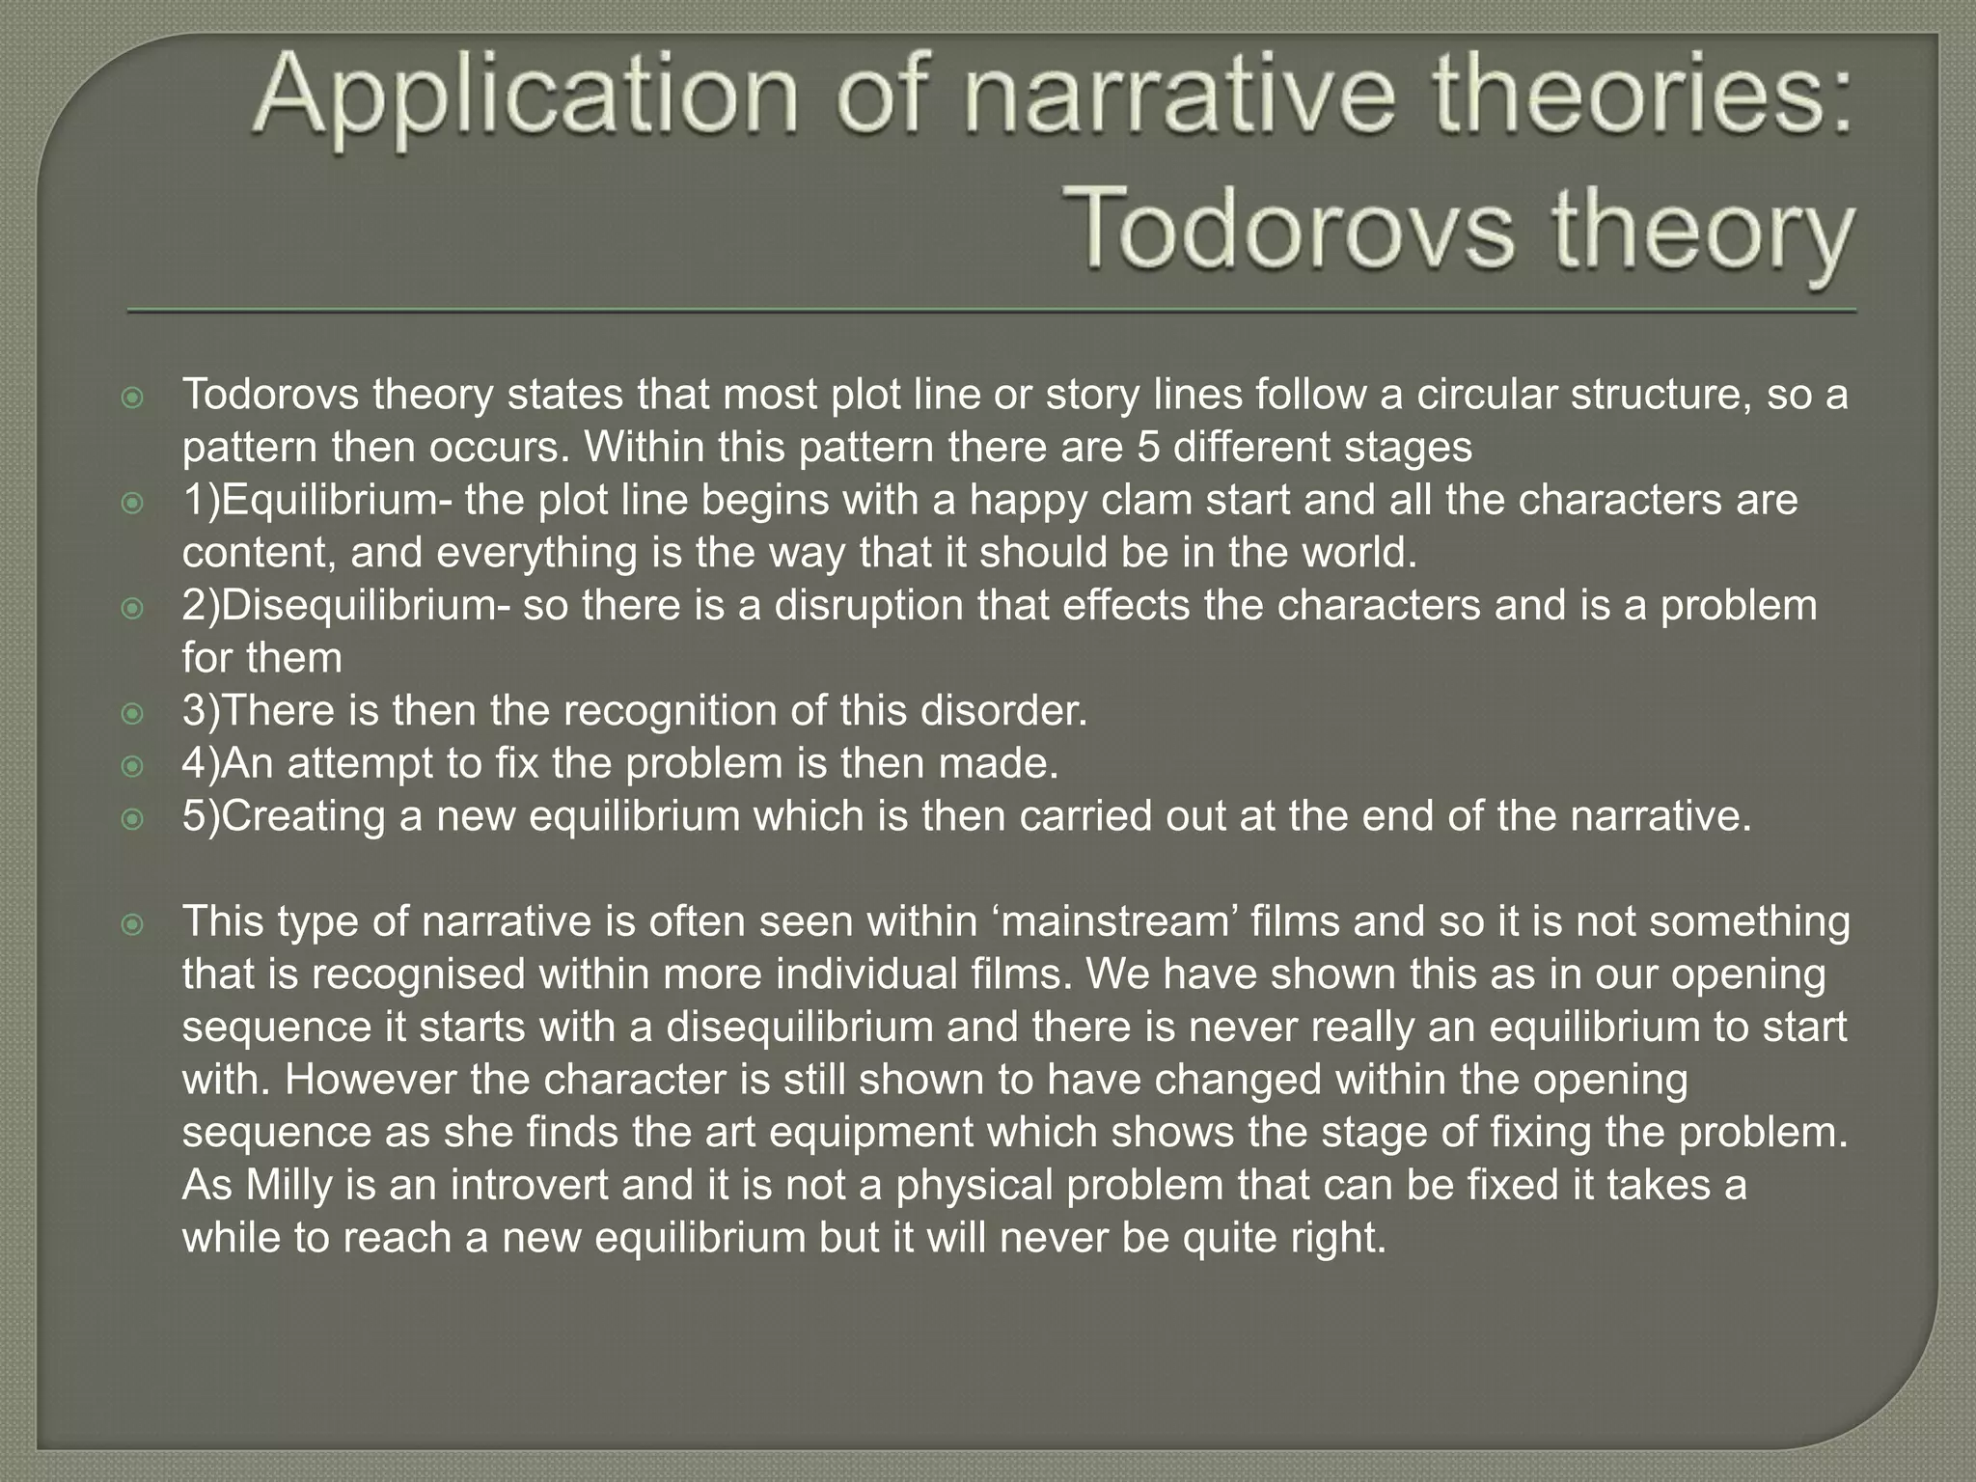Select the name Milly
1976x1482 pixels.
(256, 1185)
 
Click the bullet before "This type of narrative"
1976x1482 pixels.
(133, 925)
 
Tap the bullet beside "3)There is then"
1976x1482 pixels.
(133, 715)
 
